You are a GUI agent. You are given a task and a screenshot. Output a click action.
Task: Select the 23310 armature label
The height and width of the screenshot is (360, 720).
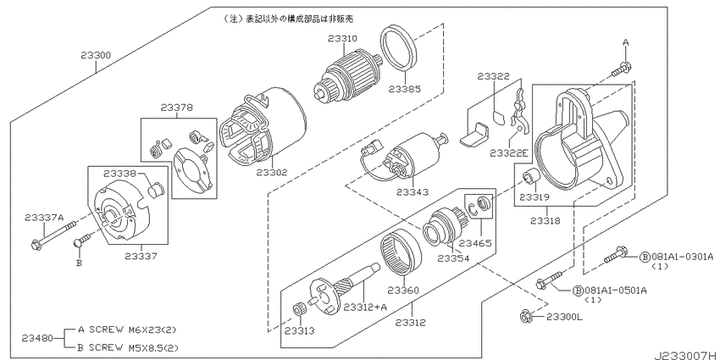pos(342,38)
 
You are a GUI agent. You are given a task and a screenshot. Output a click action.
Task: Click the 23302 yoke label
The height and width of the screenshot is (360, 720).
pos(273,172)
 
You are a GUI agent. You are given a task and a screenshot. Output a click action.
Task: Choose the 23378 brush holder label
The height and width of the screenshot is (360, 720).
pos(176,108)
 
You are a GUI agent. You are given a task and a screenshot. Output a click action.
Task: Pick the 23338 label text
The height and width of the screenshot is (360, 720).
pos(119,173)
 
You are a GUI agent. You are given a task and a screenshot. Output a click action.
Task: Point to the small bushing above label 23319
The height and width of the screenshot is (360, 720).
pos(530,178)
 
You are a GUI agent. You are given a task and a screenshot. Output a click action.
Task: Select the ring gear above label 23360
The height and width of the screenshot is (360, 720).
pos(401,252)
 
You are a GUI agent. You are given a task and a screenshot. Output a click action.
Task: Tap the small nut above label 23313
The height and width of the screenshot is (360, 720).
pos(298,308)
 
